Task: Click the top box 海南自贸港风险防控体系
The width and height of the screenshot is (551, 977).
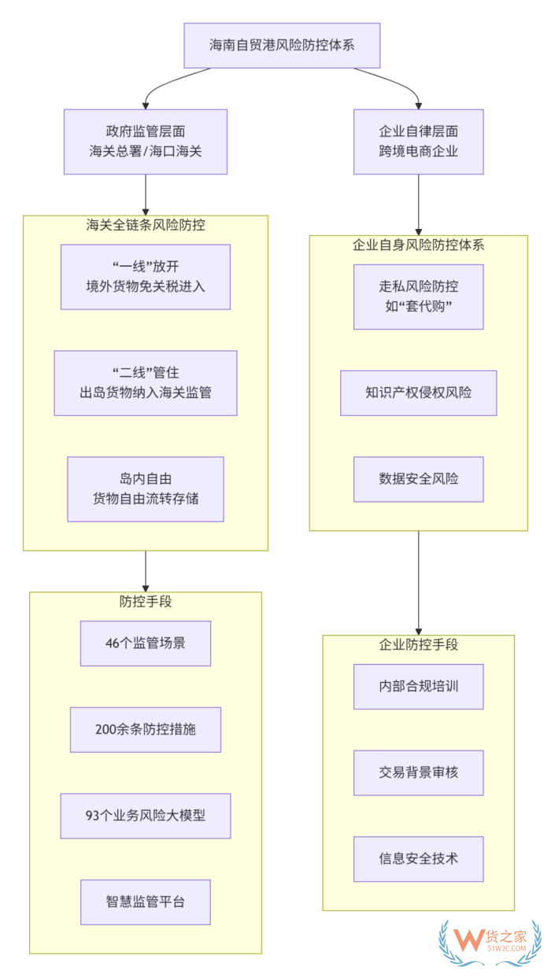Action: [x=282, y=45]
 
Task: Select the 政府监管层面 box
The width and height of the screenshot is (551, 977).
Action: [x=146, y=142]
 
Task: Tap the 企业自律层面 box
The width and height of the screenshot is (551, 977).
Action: [x=418, y=142]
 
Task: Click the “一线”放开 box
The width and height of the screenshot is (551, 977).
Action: [x=146, y=277]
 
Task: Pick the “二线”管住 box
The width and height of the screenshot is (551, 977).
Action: [x=146, y=383]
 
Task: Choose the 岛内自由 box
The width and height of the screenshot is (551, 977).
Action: [x=146, y=489]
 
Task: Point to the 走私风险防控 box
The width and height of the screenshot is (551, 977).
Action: [x=418, y=297]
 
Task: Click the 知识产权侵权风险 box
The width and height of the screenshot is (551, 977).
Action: [x=418, y=393]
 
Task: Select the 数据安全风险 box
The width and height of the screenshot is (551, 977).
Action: [x=418, y=479]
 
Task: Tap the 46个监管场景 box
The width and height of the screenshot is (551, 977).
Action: [x=146, y=643]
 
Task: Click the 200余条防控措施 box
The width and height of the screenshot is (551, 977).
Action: [x=146, y=729]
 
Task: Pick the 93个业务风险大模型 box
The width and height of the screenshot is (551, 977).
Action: [x=146, y=816]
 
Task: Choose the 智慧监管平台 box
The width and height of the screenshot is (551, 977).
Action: [x=146, y=901]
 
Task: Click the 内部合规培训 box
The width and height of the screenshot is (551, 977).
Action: [x=418, y=687]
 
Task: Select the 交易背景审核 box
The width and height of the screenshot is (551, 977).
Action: [x=418, y=772]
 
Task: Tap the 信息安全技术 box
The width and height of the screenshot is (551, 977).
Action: [x=418, y=859]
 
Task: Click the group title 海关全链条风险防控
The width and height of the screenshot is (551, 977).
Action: [x=146, y=226]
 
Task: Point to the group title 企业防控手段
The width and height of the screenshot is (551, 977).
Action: [x=418, y=645]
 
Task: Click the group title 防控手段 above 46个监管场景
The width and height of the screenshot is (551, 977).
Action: [x=146, y=602]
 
